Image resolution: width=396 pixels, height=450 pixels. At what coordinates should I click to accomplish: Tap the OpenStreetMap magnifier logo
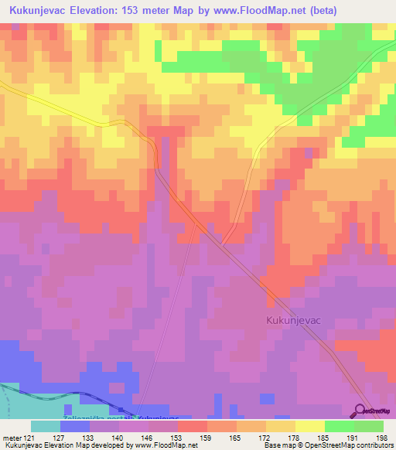tap(360, 411)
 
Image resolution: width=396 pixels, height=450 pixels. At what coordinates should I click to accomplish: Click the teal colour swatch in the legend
tap(45, 426)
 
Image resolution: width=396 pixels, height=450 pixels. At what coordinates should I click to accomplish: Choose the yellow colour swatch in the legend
tap(309, 426)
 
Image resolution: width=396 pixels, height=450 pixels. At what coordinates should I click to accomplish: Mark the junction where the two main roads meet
tap(221, 245)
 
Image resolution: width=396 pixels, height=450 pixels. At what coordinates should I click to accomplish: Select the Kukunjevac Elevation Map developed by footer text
tap(77, 445)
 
